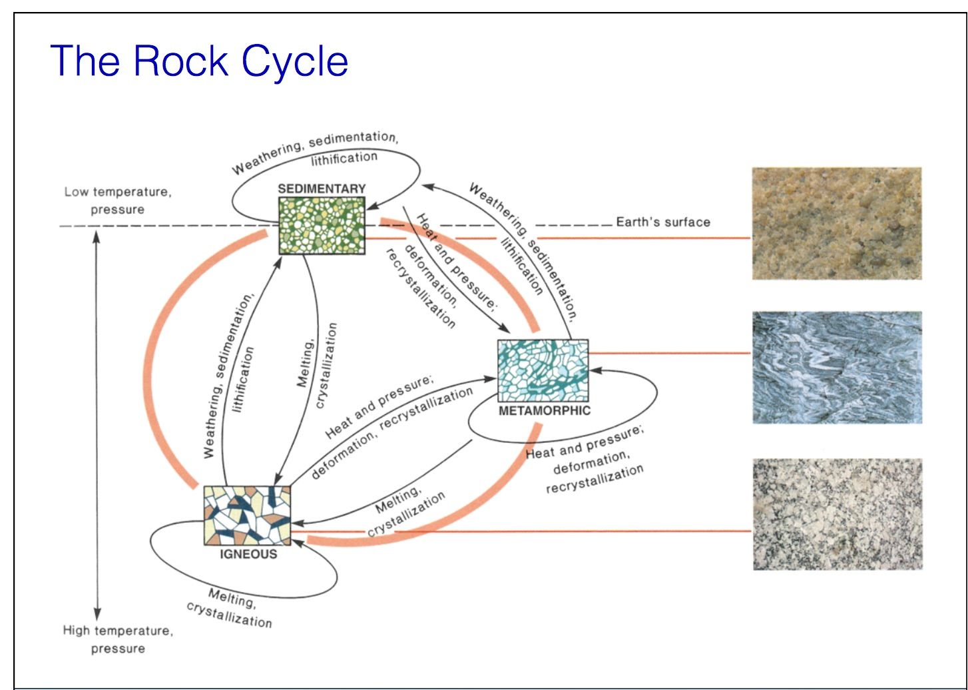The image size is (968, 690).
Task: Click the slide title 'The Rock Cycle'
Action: click(199, 61)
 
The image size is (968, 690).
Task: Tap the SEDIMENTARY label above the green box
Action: click(322, 188)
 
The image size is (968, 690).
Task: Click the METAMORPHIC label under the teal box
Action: click(544, 411)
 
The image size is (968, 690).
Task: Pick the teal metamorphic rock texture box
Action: click(543, 370)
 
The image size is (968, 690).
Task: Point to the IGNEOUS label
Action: click(248, 554)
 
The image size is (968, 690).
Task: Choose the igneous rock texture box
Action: click(248, 516)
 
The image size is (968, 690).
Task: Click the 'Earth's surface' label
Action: click(662, 222)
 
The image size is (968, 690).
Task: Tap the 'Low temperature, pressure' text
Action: click(118, 200)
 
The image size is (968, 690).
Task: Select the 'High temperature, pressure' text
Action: click(118, 639)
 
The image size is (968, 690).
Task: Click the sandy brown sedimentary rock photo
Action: click(837, 223)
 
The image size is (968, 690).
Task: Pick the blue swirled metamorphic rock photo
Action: click(837, 367)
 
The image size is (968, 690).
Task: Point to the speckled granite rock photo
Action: click(837, 514)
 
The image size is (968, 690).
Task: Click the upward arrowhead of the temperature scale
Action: click(97, 238)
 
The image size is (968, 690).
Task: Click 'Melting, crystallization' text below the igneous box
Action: click(230, 608)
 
